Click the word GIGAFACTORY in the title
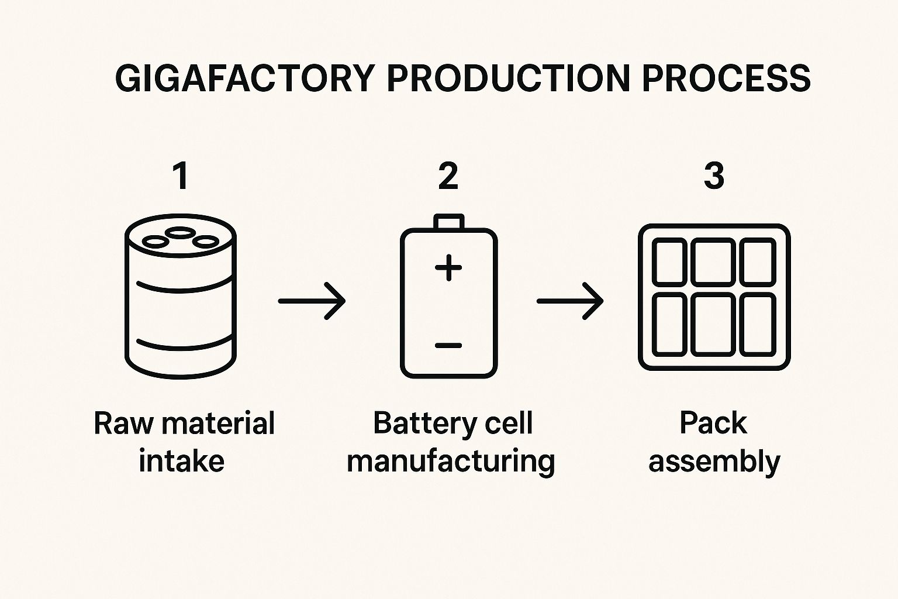[244, 78]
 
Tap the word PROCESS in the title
[726, 78]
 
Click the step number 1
[181, 176]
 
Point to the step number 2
[448, 176]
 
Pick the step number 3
[714, 176]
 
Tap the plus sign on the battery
[448, 268]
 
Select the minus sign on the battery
[448, 345]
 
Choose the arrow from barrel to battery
[312, 301]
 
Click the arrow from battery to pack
[570, 301]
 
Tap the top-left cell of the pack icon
[669, 262]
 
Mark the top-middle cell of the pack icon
[713, 262]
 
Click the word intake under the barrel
[181, 461]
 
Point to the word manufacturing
[451, 461]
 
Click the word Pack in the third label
[713, 423]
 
